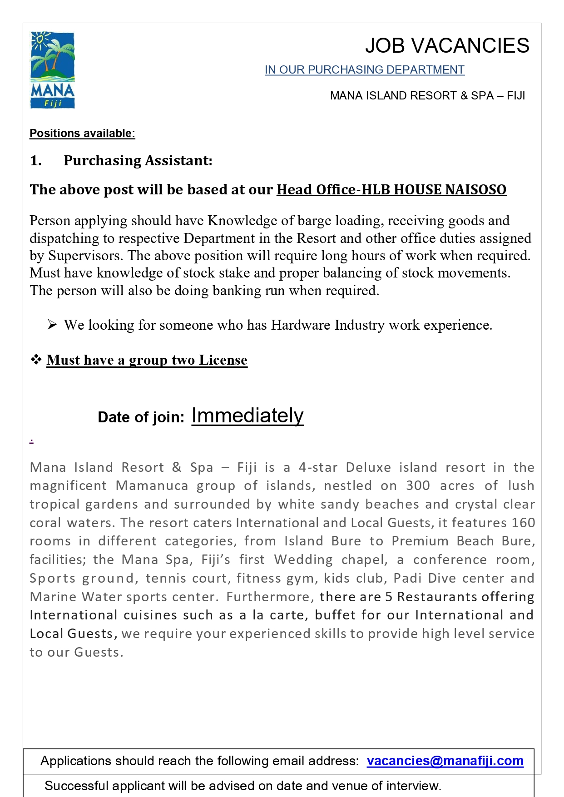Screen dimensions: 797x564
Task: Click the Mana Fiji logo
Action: click(x=52, y=70)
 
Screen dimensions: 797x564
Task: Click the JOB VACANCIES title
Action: click(x=447, y=46)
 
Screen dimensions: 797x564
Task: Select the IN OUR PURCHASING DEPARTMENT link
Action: click(x=364, y=70)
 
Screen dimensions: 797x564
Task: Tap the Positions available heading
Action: click(x=82, y=134)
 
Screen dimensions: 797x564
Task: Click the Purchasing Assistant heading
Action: click(x=138, y=161)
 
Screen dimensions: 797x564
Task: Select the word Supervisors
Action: click(x=85, y=256)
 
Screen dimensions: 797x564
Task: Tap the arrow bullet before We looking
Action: click(x=52, y=325)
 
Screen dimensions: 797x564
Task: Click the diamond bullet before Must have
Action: click(x=36, y=360)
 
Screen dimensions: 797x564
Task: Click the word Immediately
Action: click(x=247, y=416)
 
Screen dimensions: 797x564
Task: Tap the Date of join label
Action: click(x=141, y=417)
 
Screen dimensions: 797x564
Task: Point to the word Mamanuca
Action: click(x=152, y=486)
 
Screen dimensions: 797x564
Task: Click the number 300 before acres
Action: click(x=418, y=486)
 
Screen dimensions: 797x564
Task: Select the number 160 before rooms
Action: click(x=523, y=523)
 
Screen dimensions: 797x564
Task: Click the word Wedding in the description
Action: click(x=303, y=560)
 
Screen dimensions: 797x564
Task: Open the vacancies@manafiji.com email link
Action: click(x=445, y=761)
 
